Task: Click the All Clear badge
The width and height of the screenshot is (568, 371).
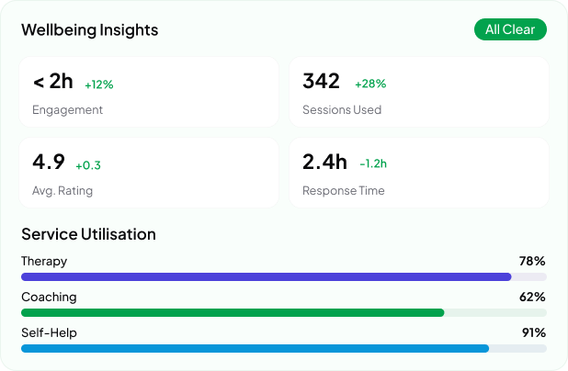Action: click(x=510, y=29)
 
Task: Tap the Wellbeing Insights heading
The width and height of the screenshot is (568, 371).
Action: click(x=90, y=30)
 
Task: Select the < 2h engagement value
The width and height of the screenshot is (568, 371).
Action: click(x=52, y=82)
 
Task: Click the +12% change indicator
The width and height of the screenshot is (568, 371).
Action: click(x=98, y=84)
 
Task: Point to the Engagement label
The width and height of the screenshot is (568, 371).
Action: click(x=67, y=110)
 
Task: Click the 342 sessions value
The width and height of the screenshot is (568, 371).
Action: click(x=321, y=81)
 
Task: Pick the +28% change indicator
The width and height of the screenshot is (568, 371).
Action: click(x=370, y=84)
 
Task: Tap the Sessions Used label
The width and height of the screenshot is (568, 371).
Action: click(x=342, y=110)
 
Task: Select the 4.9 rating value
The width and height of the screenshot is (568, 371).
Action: click(x=49, y=163)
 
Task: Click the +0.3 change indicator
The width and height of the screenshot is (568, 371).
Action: click(x=88, y=165)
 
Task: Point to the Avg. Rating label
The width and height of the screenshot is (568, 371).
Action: click(x=62, y=191)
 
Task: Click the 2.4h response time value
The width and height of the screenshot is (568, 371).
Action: click(x=324, y=163)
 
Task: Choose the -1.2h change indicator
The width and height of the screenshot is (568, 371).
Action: click(x=373, y=164)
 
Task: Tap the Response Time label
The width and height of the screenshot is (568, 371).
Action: click(x=344, y=191)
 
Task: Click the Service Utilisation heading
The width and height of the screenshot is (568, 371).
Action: click(x=88, y=234)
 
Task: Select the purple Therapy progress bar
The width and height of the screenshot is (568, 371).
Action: click(x=266, y=276)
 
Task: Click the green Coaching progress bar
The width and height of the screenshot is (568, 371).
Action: click(x=233, y=312)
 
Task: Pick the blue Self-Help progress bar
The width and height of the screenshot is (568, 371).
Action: click(x=255, y=348)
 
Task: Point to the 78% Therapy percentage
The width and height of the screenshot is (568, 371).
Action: click(x=532, y=261)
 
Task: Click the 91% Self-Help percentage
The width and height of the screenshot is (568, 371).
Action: click(x=533, y=332)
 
